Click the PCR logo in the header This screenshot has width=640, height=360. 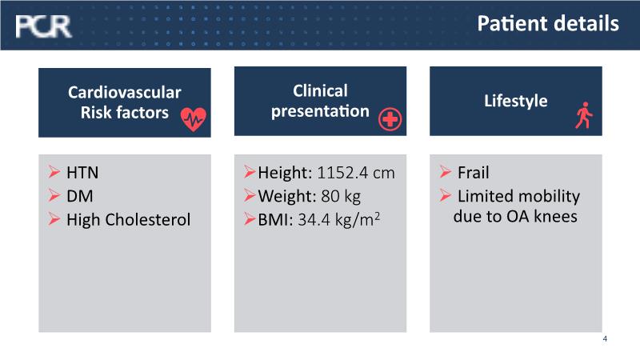pyautogui.click(x=43, y=26)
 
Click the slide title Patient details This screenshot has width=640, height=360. pyautogui.click(x=548, y=23)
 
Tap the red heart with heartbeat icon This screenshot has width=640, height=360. pyautogui.click(x=194, y=119)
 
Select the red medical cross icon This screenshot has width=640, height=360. pyautogui.click(x=390, y=119)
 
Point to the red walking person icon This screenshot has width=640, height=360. pyautogui.click(x=584, y=115)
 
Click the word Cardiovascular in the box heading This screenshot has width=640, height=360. pyautogui.click(x=125, y=92)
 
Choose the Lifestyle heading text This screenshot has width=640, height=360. pyautogui.click(x=515, y=102)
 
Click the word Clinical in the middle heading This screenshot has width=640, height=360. pyautogui.click(x=320, y=90)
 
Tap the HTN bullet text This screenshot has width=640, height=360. pyautogui.click(x=82, y=173)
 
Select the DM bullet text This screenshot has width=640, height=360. pyautogui.click(x=79, y=196)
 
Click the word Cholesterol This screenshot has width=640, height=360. pyautogui.click(x=148, y=219)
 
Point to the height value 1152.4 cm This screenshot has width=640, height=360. pyautogui.click(x=355, y=173)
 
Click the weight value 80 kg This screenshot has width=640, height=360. pyautogui.click(x=341, y=196)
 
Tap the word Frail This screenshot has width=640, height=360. pyautogui.click(x=473, y=173)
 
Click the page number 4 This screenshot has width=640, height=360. pyautogui.click(x=605, y=338)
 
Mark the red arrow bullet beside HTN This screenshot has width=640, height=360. pyautogui.click(x=54, y=171)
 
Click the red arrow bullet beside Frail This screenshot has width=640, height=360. pyautogui.click(x=446, y=171)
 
